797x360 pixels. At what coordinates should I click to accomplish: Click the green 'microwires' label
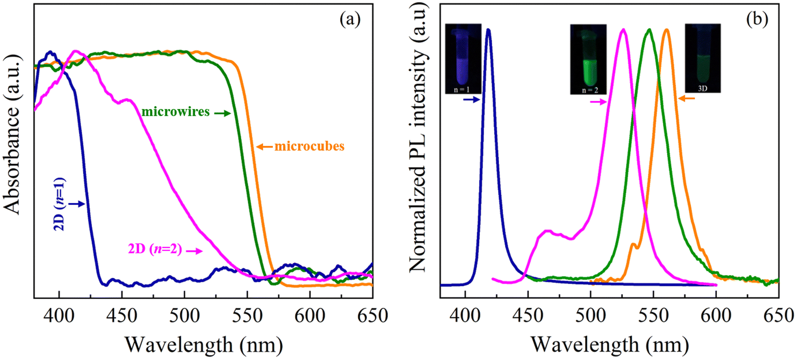tap(175, 112)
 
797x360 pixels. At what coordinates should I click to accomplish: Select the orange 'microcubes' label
tap(309, 146)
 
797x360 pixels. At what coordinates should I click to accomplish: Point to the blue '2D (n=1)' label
tap(60, 204)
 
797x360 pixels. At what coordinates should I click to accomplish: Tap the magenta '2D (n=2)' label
tap(155, 249)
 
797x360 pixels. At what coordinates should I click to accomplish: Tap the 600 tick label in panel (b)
tap(716, 316)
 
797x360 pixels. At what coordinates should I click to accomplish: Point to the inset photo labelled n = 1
tap(463, 59)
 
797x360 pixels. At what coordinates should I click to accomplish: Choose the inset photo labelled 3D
tap(703, 58)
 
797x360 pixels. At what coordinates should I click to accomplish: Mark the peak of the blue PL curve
tap(489, 30)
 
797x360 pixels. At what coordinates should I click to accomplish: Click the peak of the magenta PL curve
tap(623, 30)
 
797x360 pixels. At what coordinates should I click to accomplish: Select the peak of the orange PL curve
tap(666, 30)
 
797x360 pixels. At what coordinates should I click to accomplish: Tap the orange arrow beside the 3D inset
tap(689, 98)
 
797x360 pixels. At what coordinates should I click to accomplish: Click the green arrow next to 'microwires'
tap(223, 113)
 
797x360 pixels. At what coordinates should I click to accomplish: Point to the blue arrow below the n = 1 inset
tap(471, 99)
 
